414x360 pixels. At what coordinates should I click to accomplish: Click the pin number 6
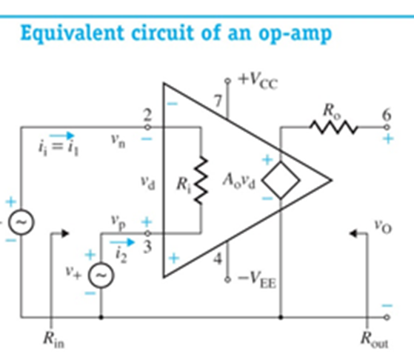tap(384, 115)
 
